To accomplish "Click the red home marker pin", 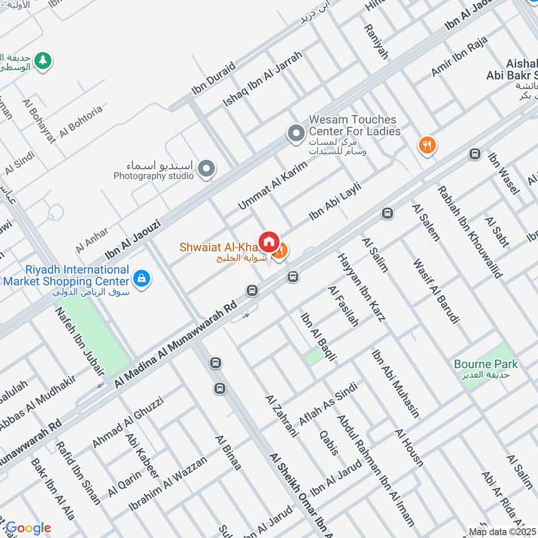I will coord(268,241).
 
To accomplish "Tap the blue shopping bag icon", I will coord(141,277).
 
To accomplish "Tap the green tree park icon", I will coord(42,60).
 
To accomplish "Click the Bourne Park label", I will coord(486,364).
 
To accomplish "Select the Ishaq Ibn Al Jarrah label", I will coord(263,80).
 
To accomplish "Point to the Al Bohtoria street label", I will coord(81,121).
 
